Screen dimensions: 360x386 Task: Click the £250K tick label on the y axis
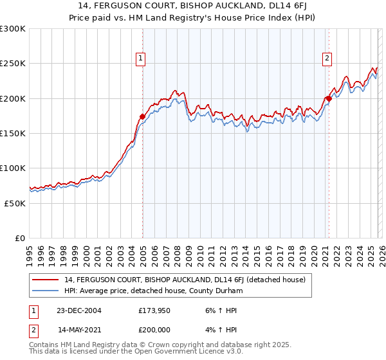pos(12,64)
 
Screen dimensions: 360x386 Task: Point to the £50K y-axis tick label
pos(15,203)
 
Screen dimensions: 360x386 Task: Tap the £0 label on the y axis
pos(21,238)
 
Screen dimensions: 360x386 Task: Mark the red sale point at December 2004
pos(142,116)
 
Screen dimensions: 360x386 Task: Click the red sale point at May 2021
pos(328,98)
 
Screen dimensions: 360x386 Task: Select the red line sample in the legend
pos(46,280)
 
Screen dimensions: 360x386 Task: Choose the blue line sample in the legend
pos(46,291)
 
